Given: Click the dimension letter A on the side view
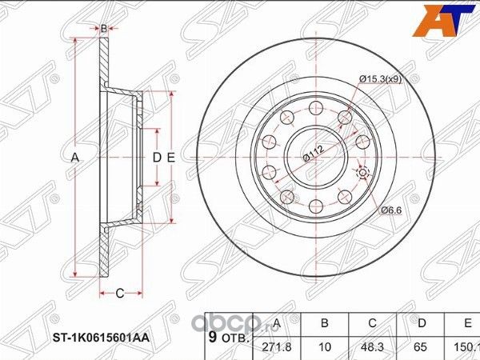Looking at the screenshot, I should pos(76,158).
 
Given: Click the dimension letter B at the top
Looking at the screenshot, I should pos(103,29).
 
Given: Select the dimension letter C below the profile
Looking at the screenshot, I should pos(119,293).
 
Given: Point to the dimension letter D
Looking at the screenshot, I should pos(158,158).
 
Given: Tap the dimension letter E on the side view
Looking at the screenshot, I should pos(171,158).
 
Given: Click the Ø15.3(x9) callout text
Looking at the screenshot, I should pos(379,78).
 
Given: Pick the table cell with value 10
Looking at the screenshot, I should pos(325,346).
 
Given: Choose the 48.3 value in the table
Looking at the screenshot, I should pos(373,346).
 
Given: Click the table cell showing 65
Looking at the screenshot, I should pos(422,346).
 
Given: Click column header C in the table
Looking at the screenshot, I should pos(373,323).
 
